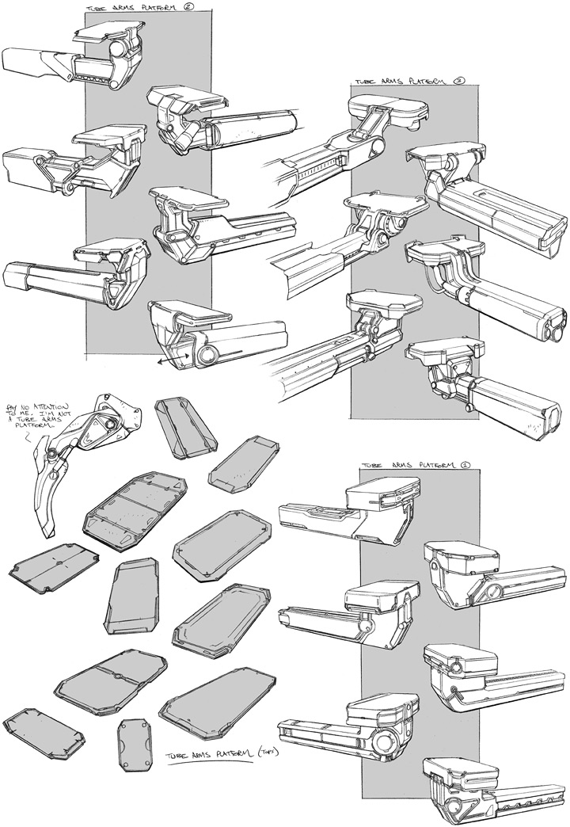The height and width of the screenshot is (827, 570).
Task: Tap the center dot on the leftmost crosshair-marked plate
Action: [59, 564]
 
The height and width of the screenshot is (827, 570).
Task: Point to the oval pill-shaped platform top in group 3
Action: [389, 109]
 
